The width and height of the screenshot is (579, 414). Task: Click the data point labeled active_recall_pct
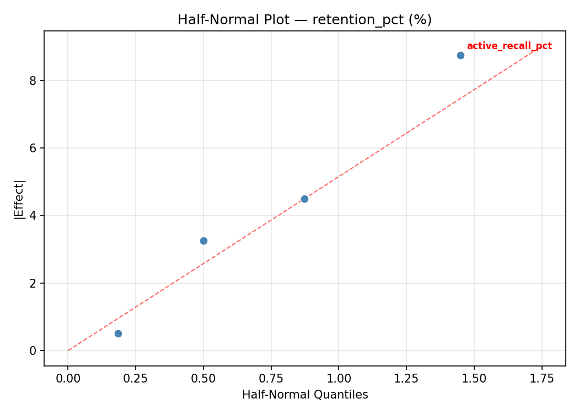coord(460,55)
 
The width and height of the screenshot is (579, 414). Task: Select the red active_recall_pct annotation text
coord(509,46)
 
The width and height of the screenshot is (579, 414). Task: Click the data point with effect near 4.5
coord(304,199)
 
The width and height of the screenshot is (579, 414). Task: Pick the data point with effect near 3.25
coord(203,241)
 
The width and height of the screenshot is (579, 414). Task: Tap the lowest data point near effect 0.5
coord(118,333)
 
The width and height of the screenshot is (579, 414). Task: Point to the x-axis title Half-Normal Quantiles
coord(305,395)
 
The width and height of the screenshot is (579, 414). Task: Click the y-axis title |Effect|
coord(19,199)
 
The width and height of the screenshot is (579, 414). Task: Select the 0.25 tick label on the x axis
coord(136,379)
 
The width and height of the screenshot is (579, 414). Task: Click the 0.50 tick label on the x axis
coord(203,379)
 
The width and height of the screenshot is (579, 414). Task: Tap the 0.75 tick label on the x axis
coord(271,379)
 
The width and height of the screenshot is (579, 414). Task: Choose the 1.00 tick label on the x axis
coord(339,379)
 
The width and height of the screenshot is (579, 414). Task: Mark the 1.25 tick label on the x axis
coord(406,379)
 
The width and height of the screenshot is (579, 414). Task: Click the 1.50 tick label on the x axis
coord(474,379)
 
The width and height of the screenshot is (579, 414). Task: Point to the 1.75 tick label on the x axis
coord(542,379)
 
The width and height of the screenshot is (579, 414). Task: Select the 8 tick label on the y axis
coord(33,81)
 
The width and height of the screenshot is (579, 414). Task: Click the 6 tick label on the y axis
coord(33,148)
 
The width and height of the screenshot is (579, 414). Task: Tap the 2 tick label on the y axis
coord(33,283)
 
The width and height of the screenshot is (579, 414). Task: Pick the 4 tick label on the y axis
coord(33,216)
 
